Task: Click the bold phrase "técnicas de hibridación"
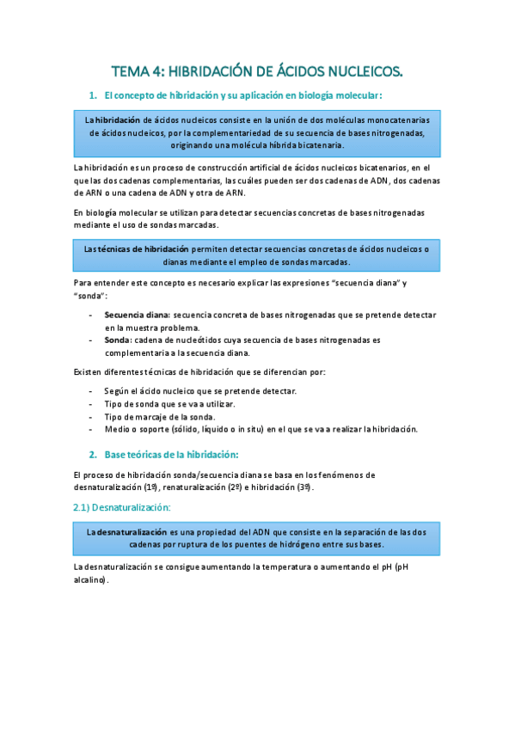coord(141,248)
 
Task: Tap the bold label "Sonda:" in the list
coord(118,340)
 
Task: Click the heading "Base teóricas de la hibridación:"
coord(171,453)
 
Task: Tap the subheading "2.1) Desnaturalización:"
coord(123,508)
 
